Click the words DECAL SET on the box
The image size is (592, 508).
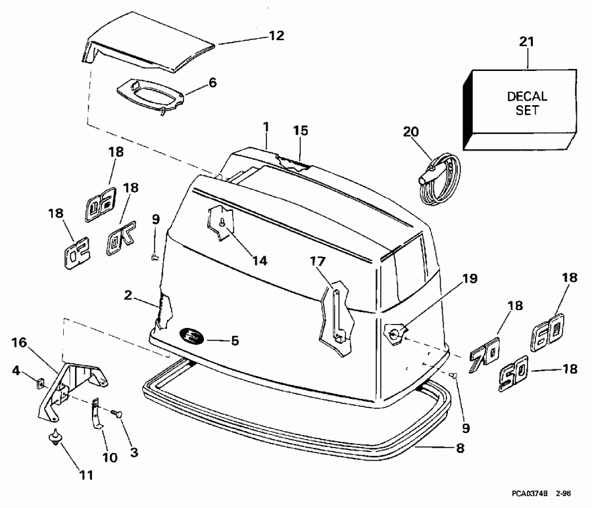point(527,103)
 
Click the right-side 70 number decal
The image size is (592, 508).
point(484,352)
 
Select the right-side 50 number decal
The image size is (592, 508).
point(513,377)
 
